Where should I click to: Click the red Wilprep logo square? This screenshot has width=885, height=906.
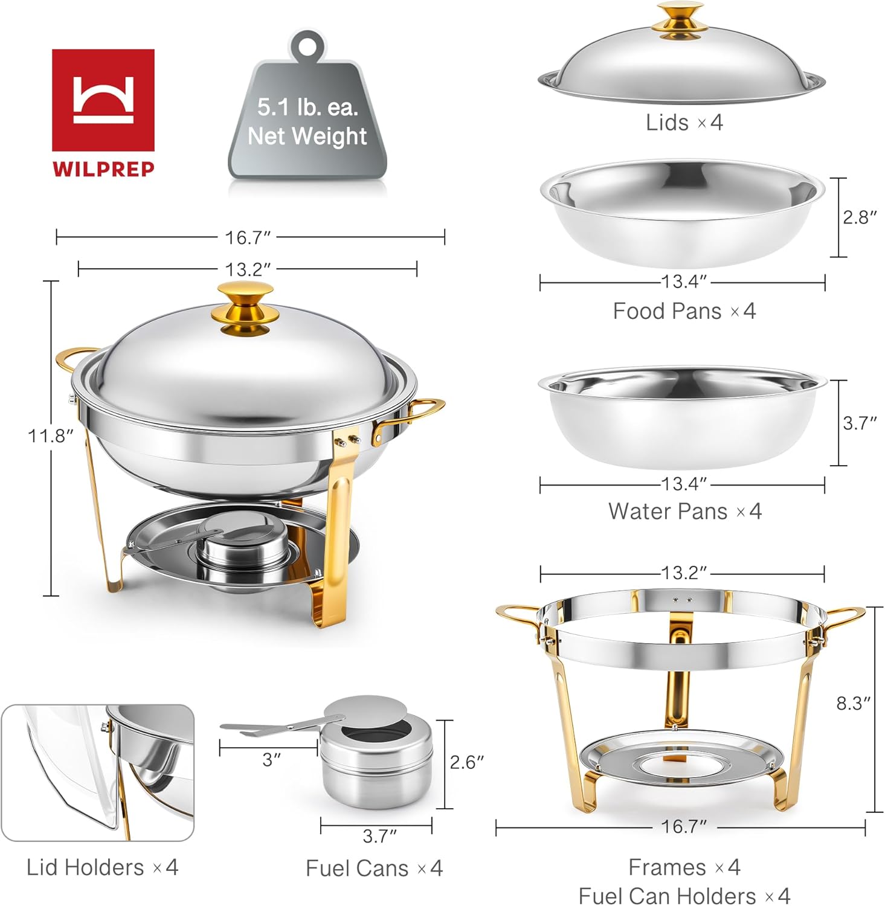(103, 100)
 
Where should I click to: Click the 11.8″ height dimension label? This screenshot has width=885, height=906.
(50, 435)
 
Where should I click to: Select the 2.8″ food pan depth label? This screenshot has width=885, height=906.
(860, 217)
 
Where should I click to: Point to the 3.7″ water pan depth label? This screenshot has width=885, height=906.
(860, 423)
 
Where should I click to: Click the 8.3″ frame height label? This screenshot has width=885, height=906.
(853, 703)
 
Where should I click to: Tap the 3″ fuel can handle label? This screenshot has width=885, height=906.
(272, 760)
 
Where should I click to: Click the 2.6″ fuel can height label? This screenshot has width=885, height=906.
(466, 762)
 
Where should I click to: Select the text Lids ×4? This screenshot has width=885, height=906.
(684, 123)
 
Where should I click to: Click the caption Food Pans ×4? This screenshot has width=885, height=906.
(684, 311)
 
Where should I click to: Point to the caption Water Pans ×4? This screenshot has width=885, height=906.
(684, 512)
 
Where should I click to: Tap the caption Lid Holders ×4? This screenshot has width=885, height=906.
(102, 867)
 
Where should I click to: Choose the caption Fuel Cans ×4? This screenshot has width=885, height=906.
(374, 869)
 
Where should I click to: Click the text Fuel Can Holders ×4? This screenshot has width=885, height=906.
(684, 895)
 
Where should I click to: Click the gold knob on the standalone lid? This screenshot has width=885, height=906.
(680, 20)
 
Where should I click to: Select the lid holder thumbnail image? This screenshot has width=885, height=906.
(97, 773)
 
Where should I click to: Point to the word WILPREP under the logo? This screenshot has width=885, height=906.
(103, 169)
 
